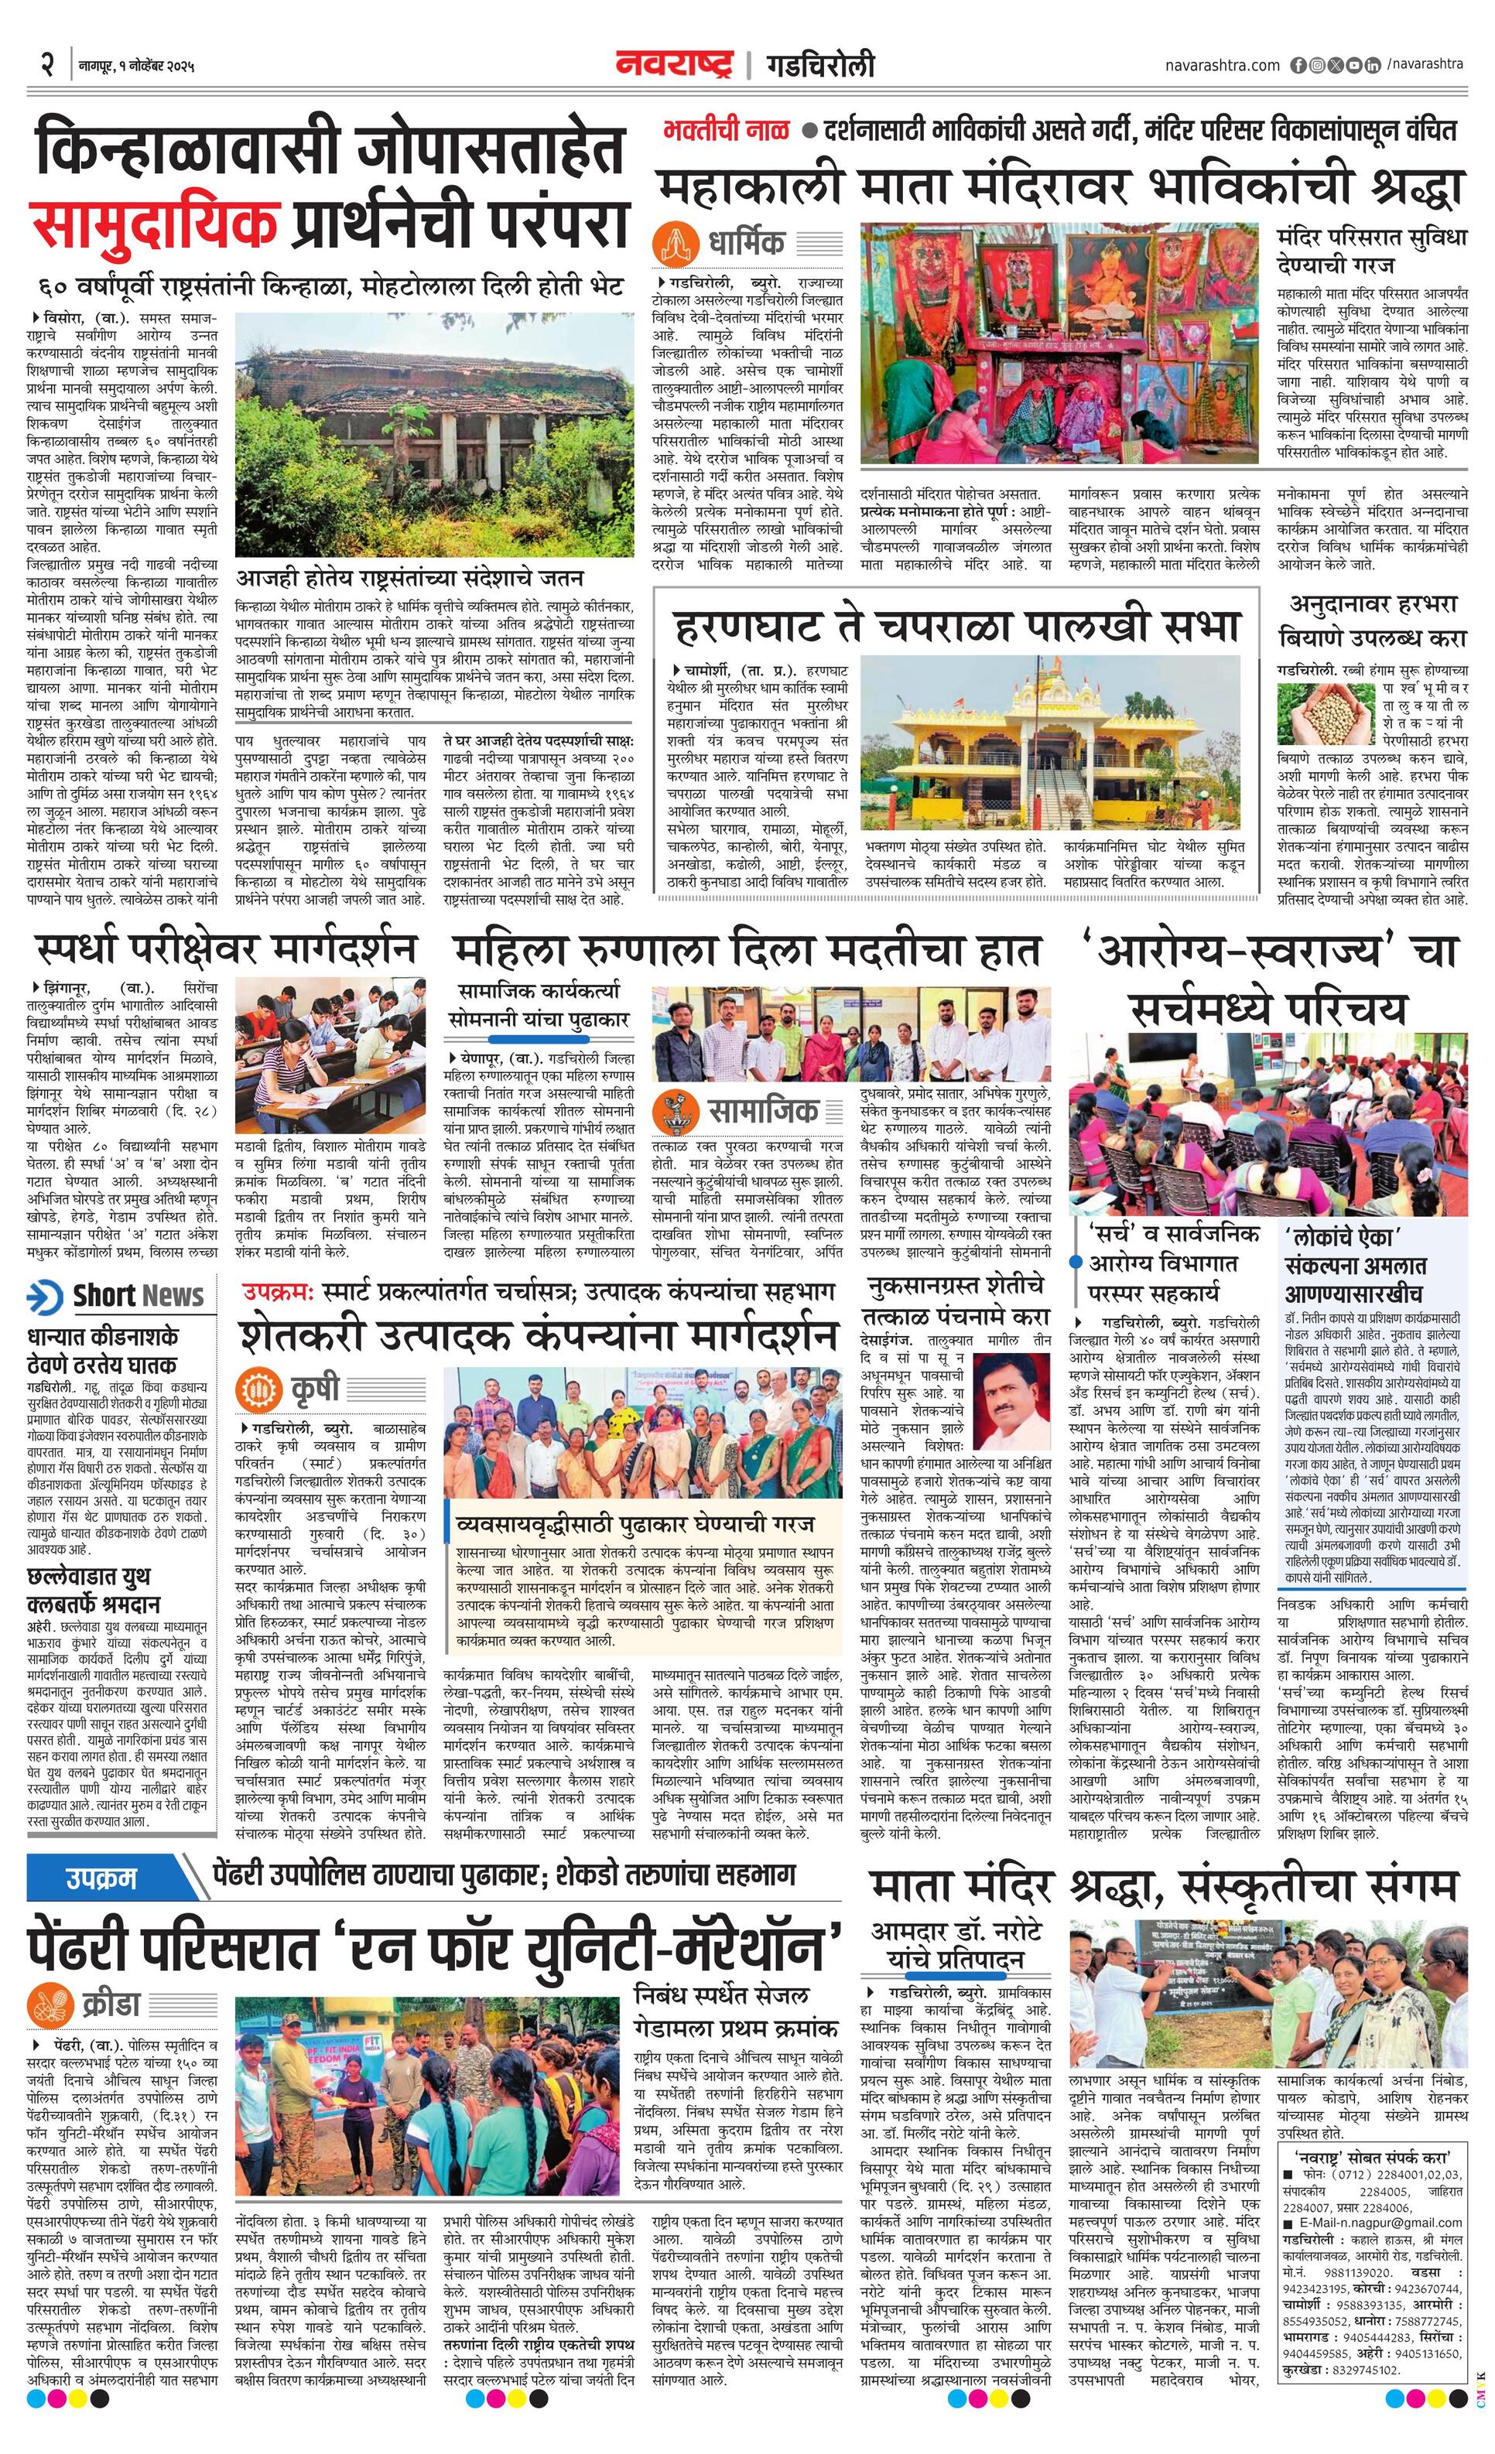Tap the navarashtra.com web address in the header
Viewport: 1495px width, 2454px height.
[1222, 66]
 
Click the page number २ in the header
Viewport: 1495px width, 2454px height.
[46, 66]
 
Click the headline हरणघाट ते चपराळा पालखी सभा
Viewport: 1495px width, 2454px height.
[956, 625]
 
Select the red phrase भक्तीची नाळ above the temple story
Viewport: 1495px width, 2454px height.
[726, 131]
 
